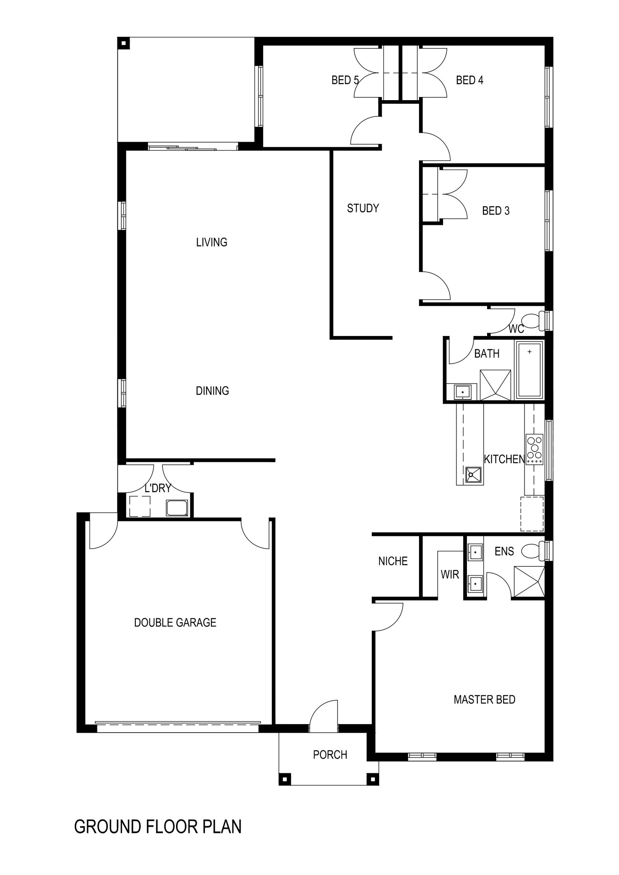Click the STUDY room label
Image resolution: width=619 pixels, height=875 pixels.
pyautogui.click(x=363, y=208)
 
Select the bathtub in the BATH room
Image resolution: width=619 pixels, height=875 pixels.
pyautogui.click(x=529, y=370)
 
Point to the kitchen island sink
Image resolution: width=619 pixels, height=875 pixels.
pyautogui.click(x=474, y=474)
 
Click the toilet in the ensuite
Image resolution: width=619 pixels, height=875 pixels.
pyautogui.click(x=534, y=551)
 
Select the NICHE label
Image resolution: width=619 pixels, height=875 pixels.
pyautogui.click(x=393, y=561)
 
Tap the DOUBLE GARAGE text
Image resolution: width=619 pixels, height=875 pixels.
pyautogui.click(x=175, y=623)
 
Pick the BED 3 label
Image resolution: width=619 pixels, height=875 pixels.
pyautogui.click(x=496, y=211)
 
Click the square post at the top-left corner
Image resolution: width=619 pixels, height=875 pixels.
pyautogui.click(x=123, y=43)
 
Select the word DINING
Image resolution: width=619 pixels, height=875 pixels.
pyautogui.click(x=212, y=391)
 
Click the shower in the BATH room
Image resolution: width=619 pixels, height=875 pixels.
pyautogui.click(x=495, y=385)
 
